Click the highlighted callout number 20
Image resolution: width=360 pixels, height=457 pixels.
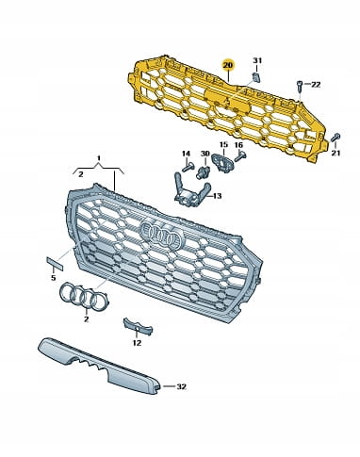tap(228, 65)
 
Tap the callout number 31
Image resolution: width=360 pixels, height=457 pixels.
tap(257, 60)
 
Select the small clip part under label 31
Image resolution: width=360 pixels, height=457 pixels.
tap(256, 77)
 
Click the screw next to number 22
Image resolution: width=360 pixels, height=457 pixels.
tap(300, 86)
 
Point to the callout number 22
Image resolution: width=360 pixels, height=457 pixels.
tap(316, 85)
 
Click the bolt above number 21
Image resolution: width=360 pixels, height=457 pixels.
tap(335, 138)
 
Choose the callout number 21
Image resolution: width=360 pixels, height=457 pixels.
tap(335, 153)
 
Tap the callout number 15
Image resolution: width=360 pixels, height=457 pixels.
tap(223, 145)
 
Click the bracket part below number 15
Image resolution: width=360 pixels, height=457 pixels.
tap(223, 161)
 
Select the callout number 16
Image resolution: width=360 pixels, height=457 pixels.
tap(238, 145)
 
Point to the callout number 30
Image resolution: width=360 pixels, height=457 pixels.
tap(205, 154)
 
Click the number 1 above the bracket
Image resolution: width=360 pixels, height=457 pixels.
tap(99, 157)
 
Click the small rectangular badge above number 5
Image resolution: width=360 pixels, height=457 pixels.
tap(55, 264)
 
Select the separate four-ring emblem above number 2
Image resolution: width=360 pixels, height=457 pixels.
tap(84, 297)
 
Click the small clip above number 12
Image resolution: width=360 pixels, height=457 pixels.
tap(138, 327)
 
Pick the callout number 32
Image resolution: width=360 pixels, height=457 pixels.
tap(181, 386)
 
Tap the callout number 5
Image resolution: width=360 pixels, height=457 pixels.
tap(54, 278)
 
